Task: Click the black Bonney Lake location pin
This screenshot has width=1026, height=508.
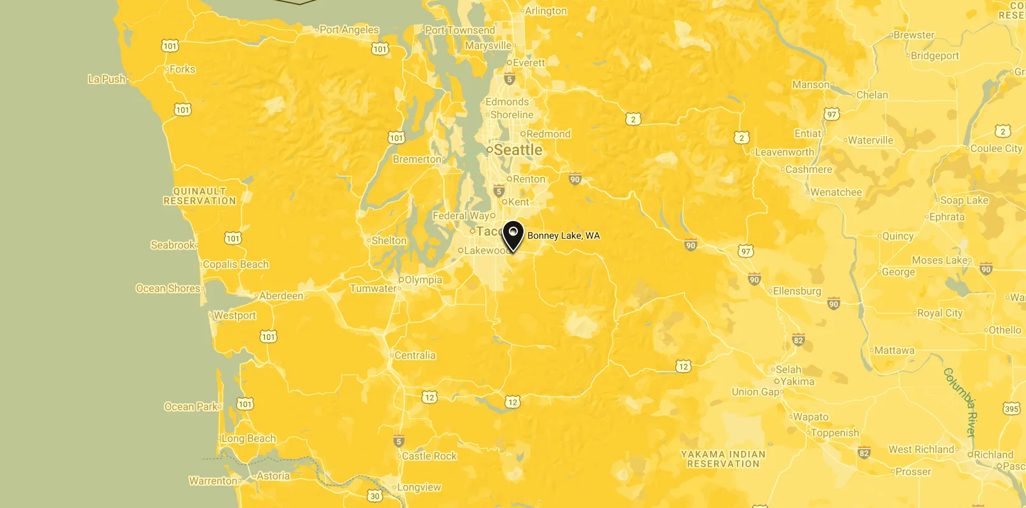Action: (513, 236)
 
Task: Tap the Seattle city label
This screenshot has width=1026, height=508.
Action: (518, 150)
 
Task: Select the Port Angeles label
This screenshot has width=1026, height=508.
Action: (349, 30)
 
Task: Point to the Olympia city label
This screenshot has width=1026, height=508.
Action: (423, 280)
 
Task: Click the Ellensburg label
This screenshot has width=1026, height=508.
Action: (797, 291)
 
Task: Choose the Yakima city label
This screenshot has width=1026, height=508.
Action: (797, 382)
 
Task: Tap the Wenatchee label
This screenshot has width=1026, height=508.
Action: (835, 192)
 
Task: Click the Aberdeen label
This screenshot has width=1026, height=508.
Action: (281, 296)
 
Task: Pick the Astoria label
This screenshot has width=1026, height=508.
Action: (273, 476)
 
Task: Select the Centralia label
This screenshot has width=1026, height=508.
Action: (415, 356)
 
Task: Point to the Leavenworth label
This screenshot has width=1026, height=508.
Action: (784, 152)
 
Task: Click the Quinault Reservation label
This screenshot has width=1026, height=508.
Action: (199, 196)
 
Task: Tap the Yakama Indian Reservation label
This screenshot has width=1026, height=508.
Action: (723, 459)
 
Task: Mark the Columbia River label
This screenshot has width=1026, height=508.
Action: (960, 402)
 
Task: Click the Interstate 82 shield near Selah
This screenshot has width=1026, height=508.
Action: (799, 340)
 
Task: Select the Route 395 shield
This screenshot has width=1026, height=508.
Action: (1012, 408)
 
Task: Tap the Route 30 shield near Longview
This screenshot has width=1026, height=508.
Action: (375, 496)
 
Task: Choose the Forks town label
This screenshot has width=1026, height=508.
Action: (182, 69)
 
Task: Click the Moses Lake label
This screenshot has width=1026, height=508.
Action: (940, 260)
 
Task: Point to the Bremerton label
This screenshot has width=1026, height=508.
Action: (417, 159)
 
